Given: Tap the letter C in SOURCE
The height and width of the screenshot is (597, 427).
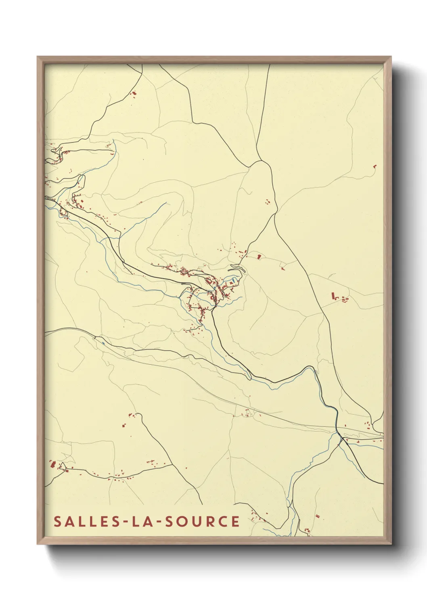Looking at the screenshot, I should [222, 522].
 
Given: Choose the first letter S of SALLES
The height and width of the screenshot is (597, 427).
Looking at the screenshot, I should [57, 522].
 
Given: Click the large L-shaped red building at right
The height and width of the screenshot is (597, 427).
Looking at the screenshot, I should [333, 296].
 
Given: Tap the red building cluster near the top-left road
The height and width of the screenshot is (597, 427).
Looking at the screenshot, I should [134, 93].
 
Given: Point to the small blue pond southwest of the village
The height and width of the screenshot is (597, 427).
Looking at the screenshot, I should [103, 343].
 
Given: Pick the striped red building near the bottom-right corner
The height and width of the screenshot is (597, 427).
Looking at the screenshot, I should [317, 516].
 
